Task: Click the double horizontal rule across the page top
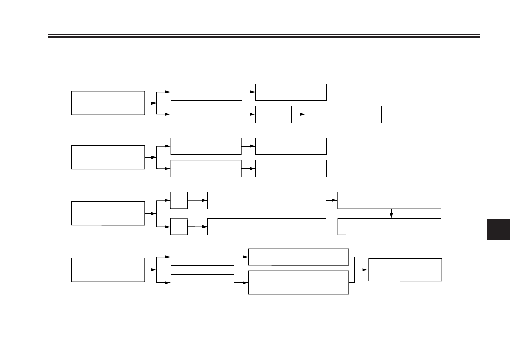264,36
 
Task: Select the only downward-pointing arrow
391,213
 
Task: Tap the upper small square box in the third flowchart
179,200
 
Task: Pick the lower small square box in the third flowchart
179,226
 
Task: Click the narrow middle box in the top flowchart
273,114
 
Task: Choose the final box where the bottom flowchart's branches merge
405,270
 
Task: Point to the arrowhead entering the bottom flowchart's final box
365,270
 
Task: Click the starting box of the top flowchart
108,103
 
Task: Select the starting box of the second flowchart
108,157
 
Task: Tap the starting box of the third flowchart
108,213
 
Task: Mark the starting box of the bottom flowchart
108,270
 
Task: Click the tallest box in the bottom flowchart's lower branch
298,282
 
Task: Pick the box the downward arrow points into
389,226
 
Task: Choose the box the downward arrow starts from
389,200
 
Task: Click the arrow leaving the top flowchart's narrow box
299,114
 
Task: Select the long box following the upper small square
267,201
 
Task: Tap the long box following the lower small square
267,226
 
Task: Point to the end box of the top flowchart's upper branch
291,92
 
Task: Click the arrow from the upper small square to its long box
198,200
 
